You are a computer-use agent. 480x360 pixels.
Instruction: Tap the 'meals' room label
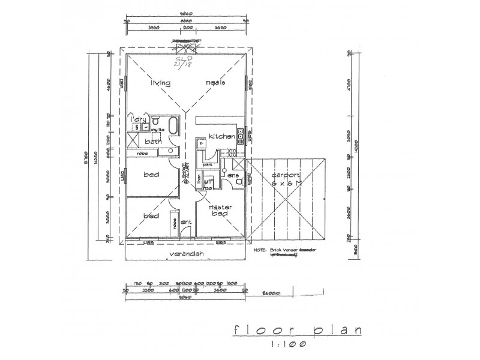pos(215,83)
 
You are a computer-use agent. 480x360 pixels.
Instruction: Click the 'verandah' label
pos(184,254)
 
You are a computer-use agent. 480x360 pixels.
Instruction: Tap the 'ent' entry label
pos(186,223)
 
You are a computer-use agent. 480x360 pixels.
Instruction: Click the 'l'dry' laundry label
pos(139,119)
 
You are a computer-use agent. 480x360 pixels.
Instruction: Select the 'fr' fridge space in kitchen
pos(202,144)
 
